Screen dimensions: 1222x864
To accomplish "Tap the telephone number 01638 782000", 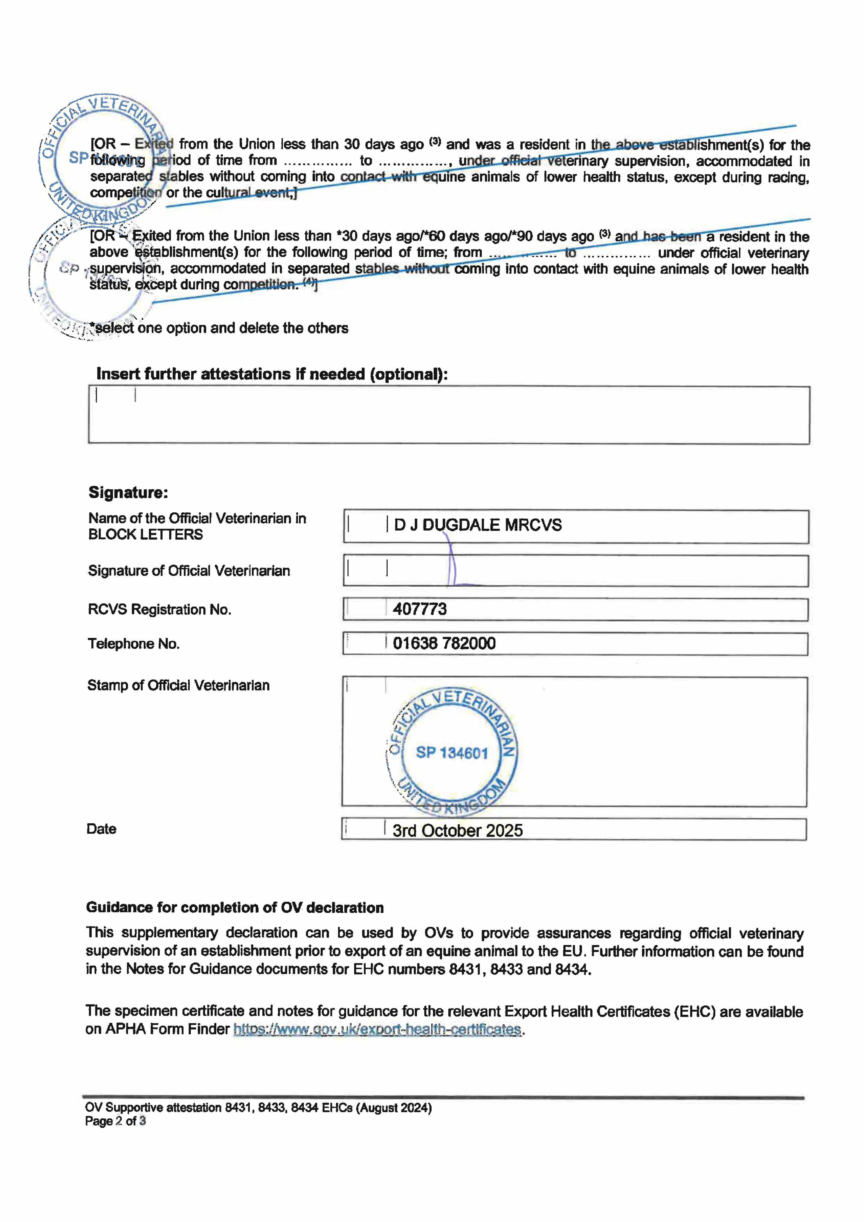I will coord(444,644).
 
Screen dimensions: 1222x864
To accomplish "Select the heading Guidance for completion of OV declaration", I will coord(235,907).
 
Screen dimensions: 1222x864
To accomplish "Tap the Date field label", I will coord(101,829).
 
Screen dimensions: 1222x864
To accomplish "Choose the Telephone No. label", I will coord(134,644).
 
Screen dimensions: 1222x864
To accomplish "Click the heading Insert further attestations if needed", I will coord(272,374).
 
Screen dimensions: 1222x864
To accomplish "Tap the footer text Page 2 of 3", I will coord(115,1121).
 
